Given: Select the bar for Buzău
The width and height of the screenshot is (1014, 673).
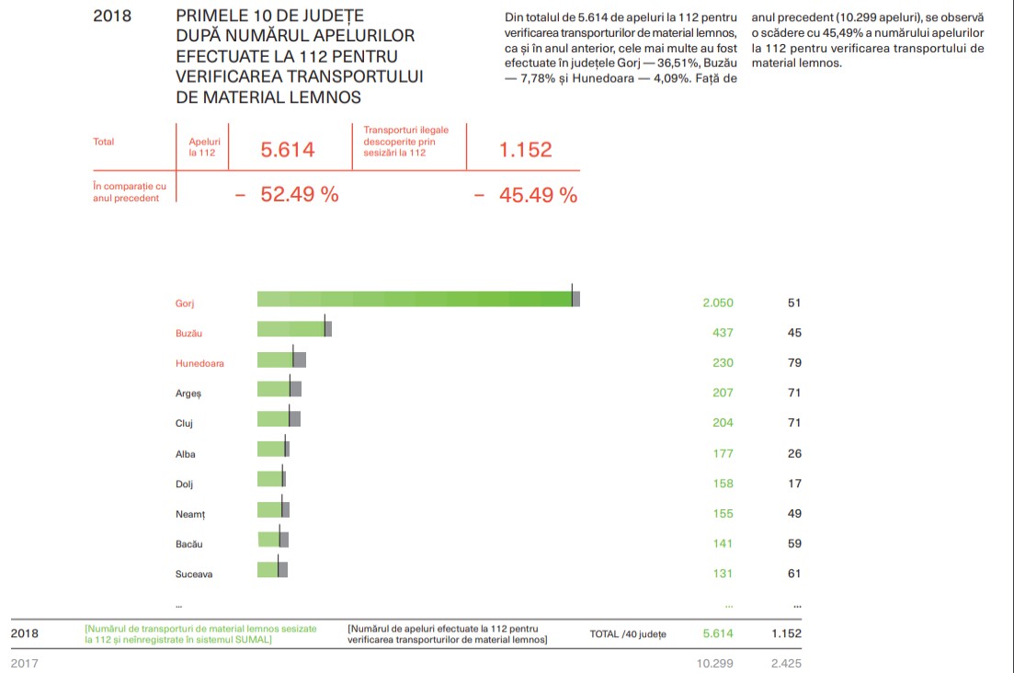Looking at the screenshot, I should tap(292, 329).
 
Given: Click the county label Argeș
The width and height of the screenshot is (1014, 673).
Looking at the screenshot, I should tap(188, 394).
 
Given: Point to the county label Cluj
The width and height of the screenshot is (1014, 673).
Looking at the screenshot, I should tap(184, 424).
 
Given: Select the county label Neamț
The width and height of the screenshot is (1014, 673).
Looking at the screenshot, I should tap(190, 514).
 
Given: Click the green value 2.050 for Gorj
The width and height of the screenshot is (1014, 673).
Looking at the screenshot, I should tap(717, 302).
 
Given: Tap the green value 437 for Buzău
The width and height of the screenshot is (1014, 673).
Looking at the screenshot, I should tap(723, 333).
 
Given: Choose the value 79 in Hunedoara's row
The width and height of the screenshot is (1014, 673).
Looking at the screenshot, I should tap(794, 363).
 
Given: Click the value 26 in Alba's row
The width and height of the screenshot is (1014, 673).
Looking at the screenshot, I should tap(794, 453).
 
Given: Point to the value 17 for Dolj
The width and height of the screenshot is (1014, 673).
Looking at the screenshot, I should tap(794, 484).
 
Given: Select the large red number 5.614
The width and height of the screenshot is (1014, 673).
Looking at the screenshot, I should tap(288, 150).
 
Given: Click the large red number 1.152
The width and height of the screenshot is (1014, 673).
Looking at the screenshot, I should tap(525, 150).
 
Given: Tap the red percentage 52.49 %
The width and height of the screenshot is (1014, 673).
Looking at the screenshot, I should tap(299, 195).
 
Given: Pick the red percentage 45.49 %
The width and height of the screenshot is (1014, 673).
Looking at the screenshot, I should tap(538, 195).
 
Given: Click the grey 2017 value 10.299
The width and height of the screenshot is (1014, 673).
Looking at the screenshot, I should tap(715, 663).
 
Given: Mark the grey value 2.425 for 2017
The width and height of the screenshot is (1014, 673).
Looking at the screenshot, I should tap(786, 663).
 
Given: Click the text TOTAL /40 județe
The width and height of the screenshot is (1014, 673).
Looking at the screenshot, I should tap(628, 634).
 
